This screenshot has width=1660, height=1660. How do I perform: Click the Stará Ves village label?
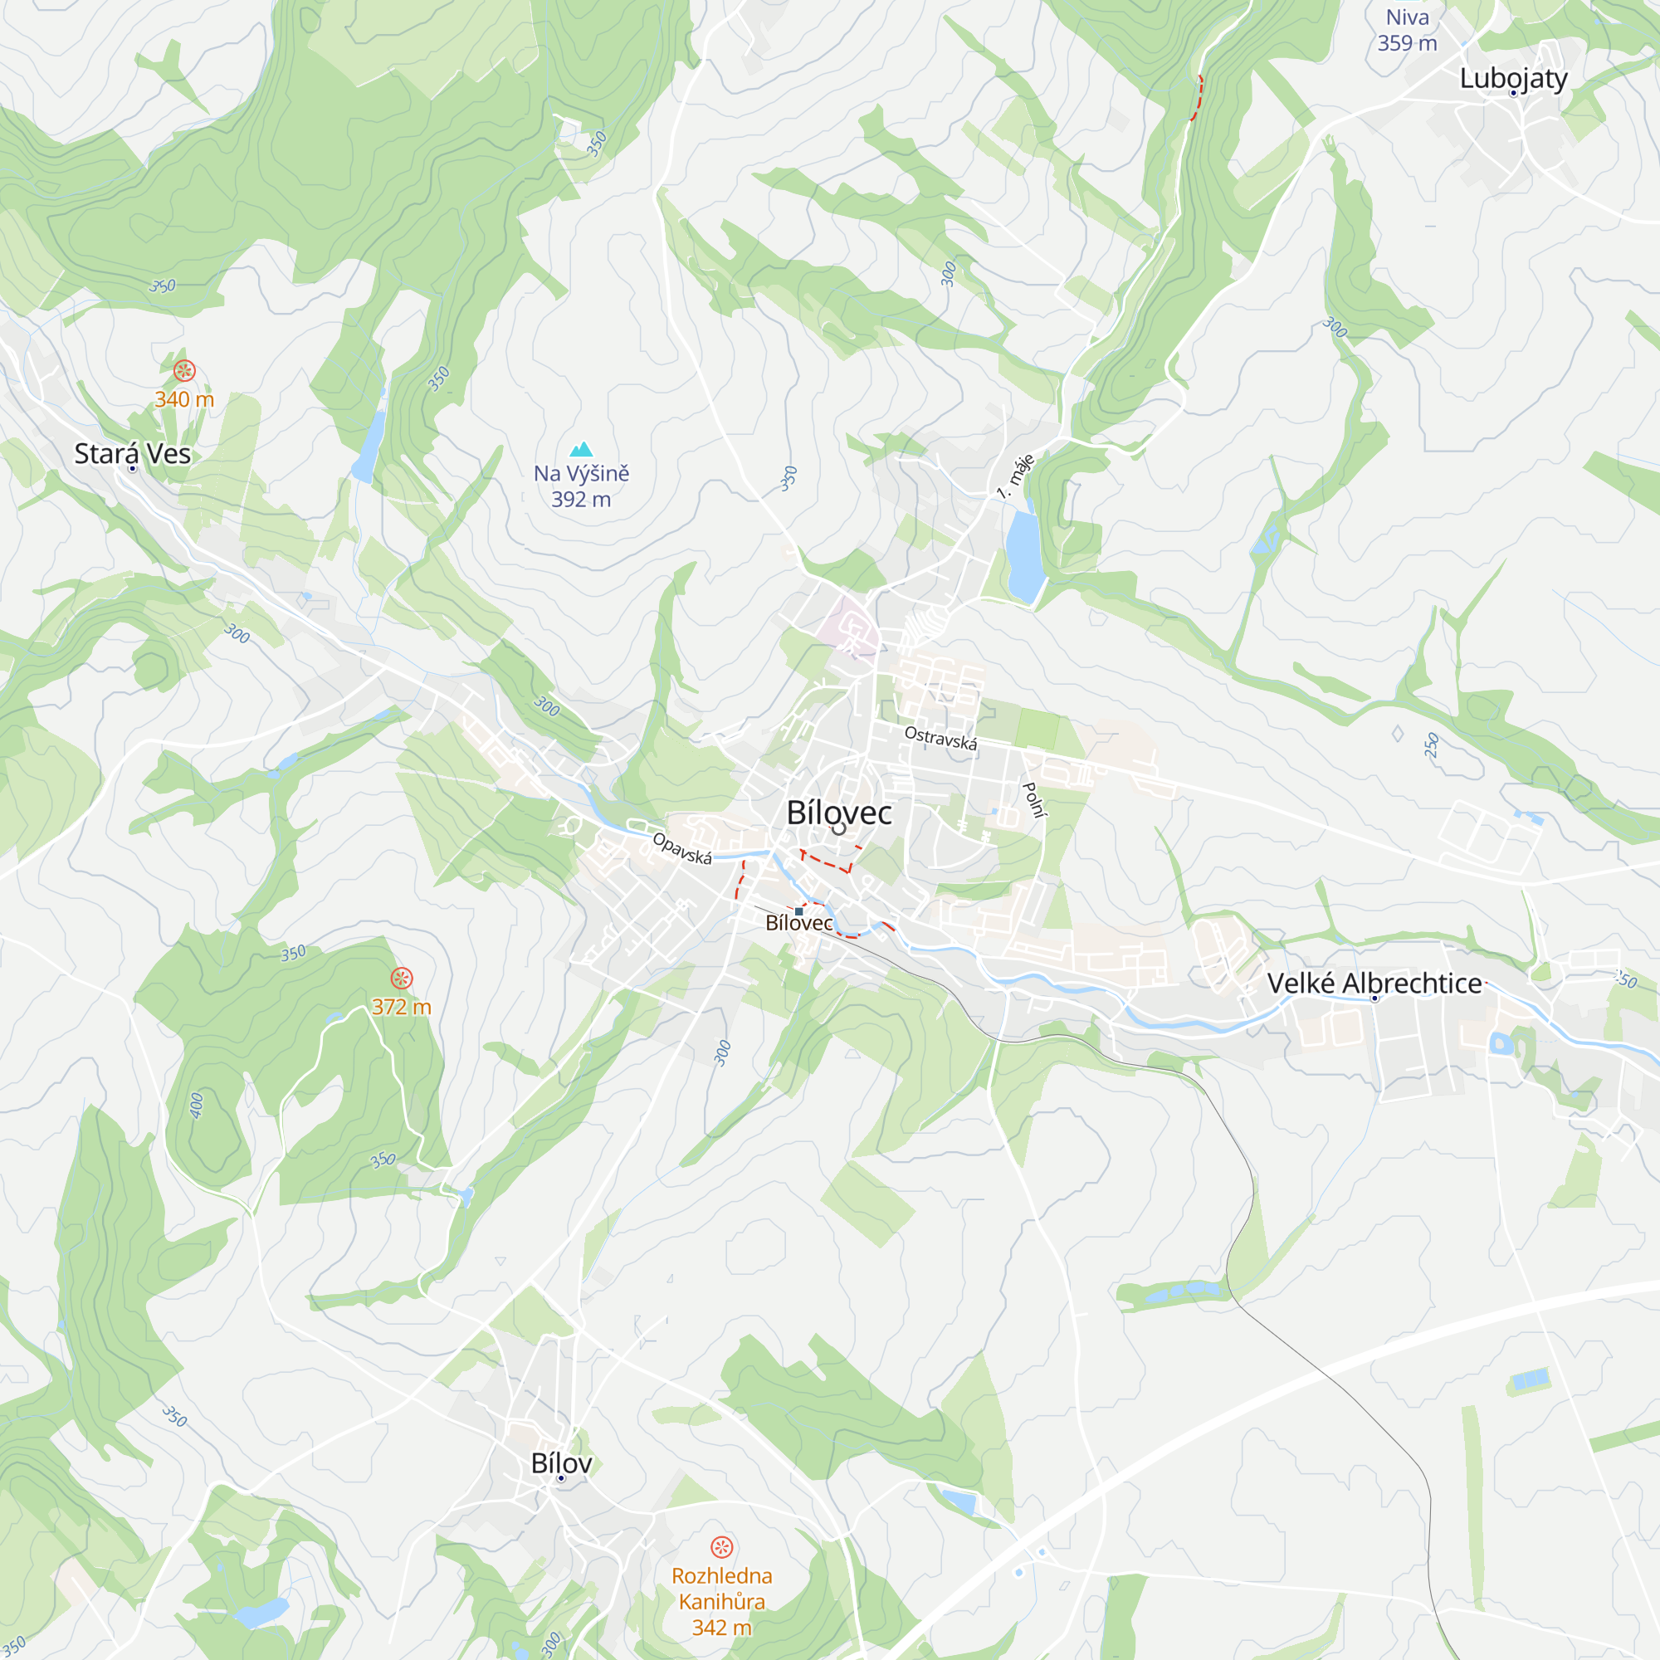pyautogui.click(x=132, y=453)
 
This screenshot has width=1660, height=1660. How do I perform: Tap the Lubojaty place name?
pyautogui.click(x=1513, y=78)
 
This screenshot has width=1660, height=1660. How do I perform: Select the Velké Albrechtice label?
pyautogui.click(x=1374, y=983)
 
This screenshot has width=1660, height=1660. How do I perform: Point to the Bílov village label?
pyautogui.click(x=561, y=1463)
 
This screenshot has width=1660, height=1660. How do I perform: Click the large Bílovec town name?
pyautogui.click(x=838, y=812)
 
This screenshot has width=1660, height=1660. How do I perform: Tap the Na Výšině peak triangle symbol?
pyautogui.click(x=582, y=449)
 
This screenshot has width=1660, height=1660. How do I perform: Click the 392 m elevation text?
pyautogui.click(x=581, y=499)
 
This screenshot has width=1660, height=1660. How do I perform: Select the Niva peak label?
pyautogui.click(x=1408, y=17)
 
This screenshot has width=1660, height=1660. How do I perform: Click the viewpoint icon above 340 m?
pyautogui.click(x=185, y=370)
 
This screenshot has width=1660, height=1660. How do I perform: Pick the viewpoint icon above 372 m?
pyautogui.click(x=401, y=978)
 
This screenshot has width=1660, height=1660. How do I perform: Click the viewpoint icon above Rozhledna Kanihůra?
pyautogui.click(x=722, y=1547)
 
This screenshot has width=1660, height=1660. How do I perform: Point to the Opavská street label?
pyautogui.click(x=682, y=848)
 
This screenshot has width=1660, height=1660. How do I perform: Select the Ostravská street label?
pyautogui.click(x=941, y=738)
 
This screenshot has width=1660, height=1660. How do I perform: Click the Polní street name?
pyautogui.click(x=1033, y=799)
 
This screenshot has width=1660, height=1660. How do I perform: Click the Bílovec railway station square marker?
pyautogui.click(x=799, y=911)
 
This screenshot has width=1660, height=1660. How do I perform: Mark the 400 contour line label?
pyautogui.click(x=197, y=1105)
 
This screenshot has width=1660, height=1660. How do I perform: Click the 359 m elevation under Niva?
pyautogui.click(x=1407, y=43)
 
